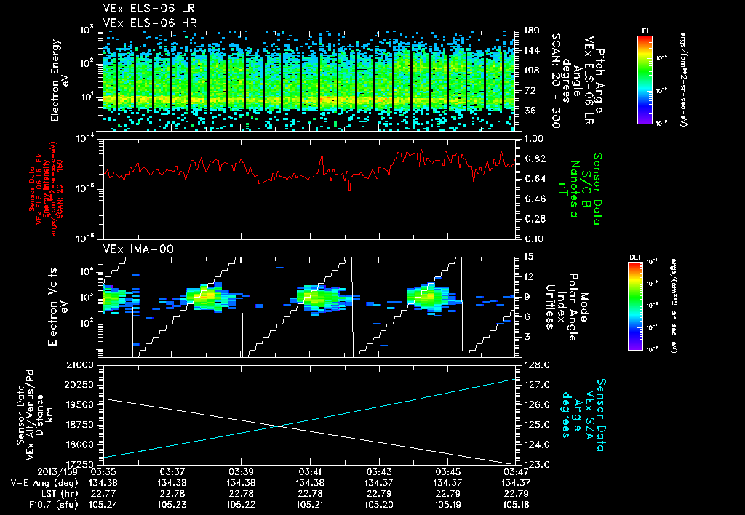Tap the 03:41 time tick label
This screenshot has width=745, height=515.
click(x=310, y=471)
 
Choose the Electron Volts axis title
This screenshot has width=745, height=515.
click(x=59, y=306)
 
